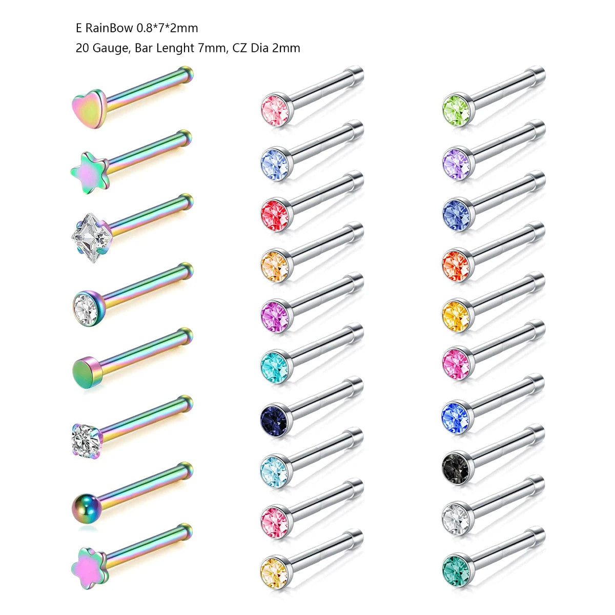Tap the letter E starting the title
coord(78,28)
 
